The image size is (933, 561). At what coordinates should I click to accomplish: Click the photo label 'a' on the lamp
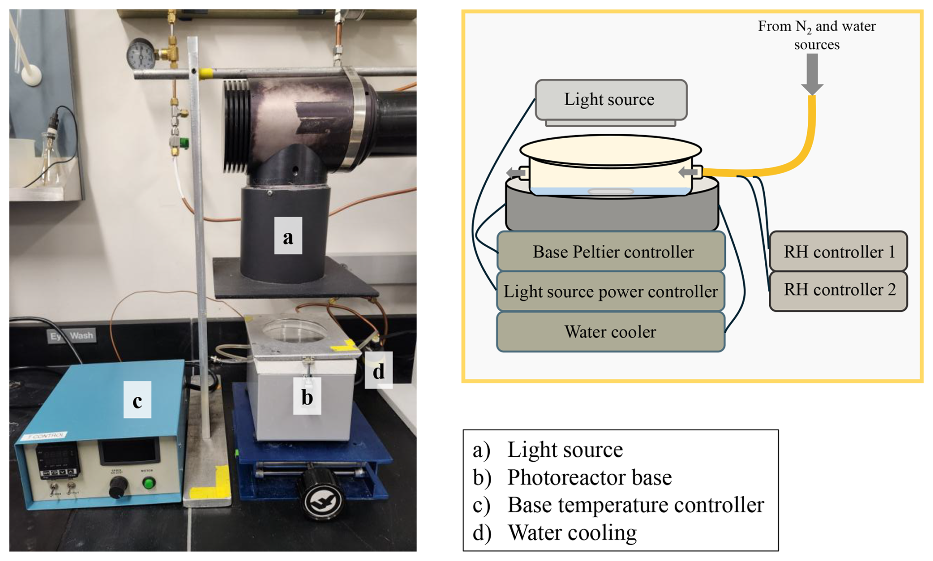pos(288,236)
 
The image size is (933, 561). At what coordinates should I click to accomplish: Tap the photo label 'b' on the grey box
pos(307,396)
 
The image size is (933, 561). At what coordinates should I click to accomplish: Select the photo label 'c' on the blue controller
pos(137,400)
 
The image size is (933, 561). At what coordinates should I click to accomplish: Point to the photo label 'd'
pos(378,371)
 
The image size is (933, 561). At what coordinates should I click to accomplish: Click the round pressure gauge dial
pos(141,54)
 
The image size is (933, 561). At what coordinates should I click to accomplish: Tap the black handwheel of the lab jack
pos(321,496)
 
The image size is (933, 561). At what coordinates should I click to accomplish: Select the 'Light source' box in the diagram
pos(610,100)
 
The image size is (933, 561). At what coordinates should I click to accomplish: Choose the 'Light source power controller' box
pos(610,292)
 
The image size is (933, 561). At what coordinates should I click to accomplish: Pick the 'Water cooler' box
pos(610,332)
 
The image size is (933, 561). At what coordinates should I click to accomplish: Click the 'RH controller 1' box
pos(838,252)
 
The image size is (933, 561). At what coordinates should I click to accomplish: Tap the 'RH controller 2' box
pos(838,290)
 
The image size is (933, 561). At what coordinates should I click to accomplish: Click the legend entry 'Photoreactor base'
pos(589,478)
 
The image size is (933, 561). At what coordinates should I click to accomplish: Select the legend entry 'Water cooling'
pos(572,533)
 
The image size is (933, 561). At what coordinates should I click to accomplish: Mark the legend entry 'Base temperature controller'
pos(635,505)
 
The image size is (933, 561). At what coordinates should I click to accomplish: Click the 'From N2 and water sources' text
pos(817,35)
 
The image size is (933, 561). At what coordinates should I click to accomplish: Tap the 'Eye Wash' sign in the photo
pos(72,336)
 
